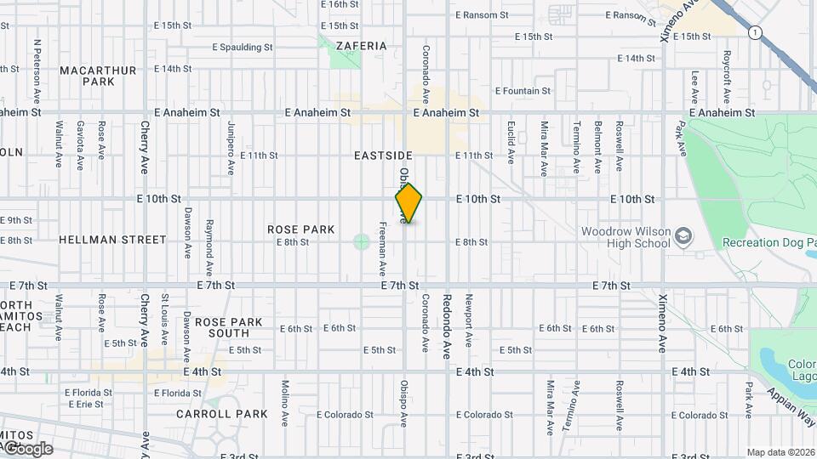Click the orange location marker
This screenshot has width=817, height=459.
coord(408,203)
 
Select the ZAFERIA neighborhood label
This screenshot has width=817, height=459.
coord(362,46)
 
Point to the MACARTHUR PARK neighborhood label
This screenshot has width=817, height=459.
coord(99,76)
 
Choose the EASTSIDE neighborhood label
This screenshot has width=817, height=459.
coord(383,156)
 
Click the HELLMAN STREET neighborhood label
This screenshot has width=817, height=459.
coord(113,241)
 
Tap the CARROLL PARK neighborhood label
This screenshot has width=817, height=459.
coord(222,415)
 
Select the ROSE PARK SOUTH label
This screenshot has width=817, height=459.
coord(229,328)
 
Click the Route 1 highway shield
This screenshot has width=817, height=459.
coord(754,32)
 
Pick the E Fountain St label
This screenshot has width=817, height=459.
coord(523,91)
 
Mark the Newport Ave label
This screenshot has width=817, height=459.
coord(467,320)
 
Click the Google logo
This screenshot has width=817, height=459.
coord(28,448)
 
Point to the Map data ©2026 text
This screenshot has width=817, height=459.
coord(781,452)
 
